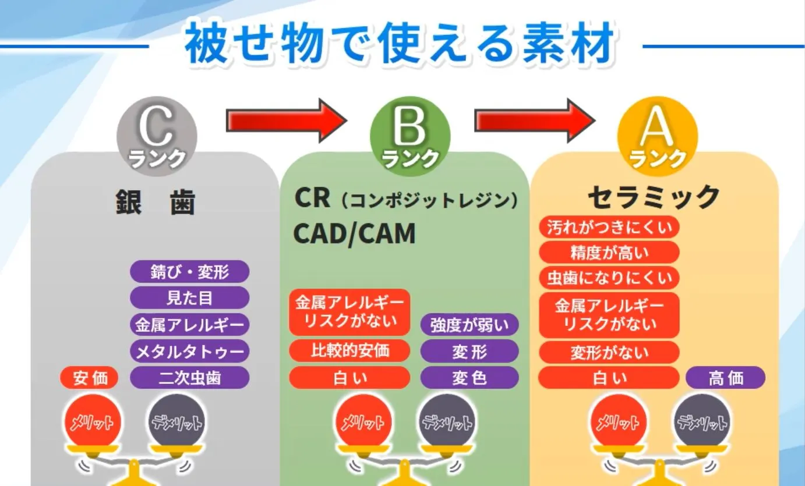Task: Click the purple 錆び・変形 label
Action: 189,272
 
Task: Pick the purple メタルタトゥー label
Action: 189,351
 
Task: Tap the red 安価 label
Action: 90,378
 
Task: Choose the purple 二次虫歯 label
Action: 189,378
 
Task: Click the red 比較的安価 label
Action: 349,351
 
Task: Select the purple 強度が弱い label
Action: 469,325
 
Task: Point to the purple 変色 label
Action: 469,378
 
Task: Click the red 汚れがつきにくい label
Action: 609,227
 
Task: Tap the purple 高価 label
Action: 725,378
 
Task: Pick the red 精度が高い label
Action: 609,253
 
